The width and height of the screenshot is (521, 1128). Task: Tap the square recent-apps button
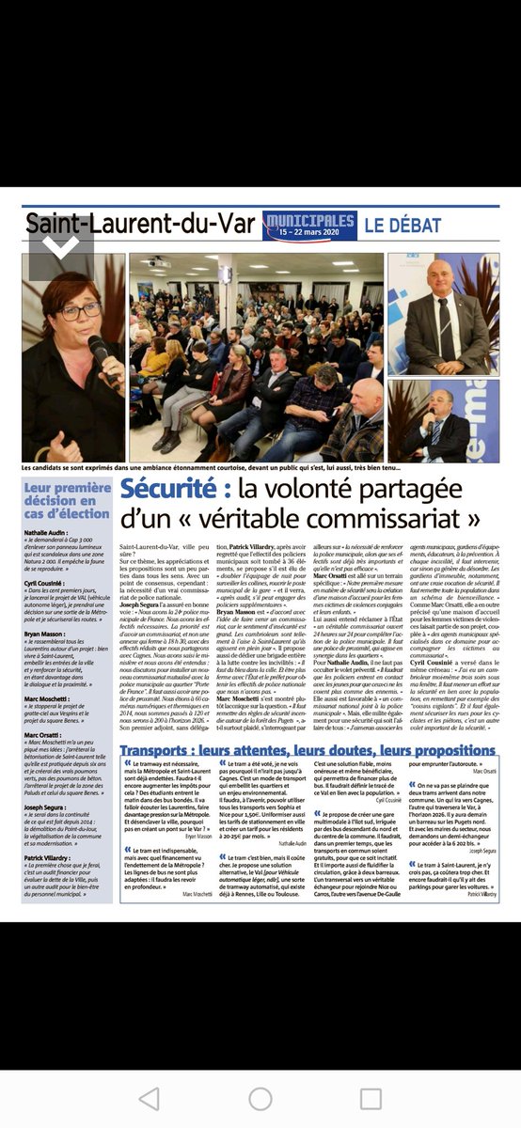point(373,1099)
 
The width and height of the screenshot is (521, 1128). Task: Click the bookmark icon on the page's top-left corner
point(59,245)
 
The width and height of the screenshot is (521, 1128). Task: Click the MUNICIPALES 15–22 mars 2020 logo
point(308,226)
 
